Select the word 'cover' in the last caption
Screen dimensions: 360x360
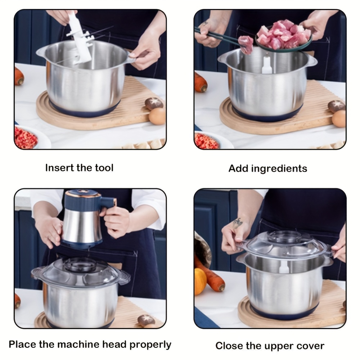tap(310, 346)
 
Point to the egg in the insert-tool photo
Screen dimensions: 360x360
tap(157, 116)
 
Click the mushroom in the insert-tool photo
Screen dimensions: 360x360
tap(154, 104)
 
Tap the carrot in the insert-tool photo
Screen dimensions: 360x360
tap(19, 76)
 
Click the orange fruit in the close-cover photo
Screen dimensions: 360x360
tap(200, 281)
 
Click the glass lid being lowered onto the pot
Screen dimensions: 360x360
tap(284, 245)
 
